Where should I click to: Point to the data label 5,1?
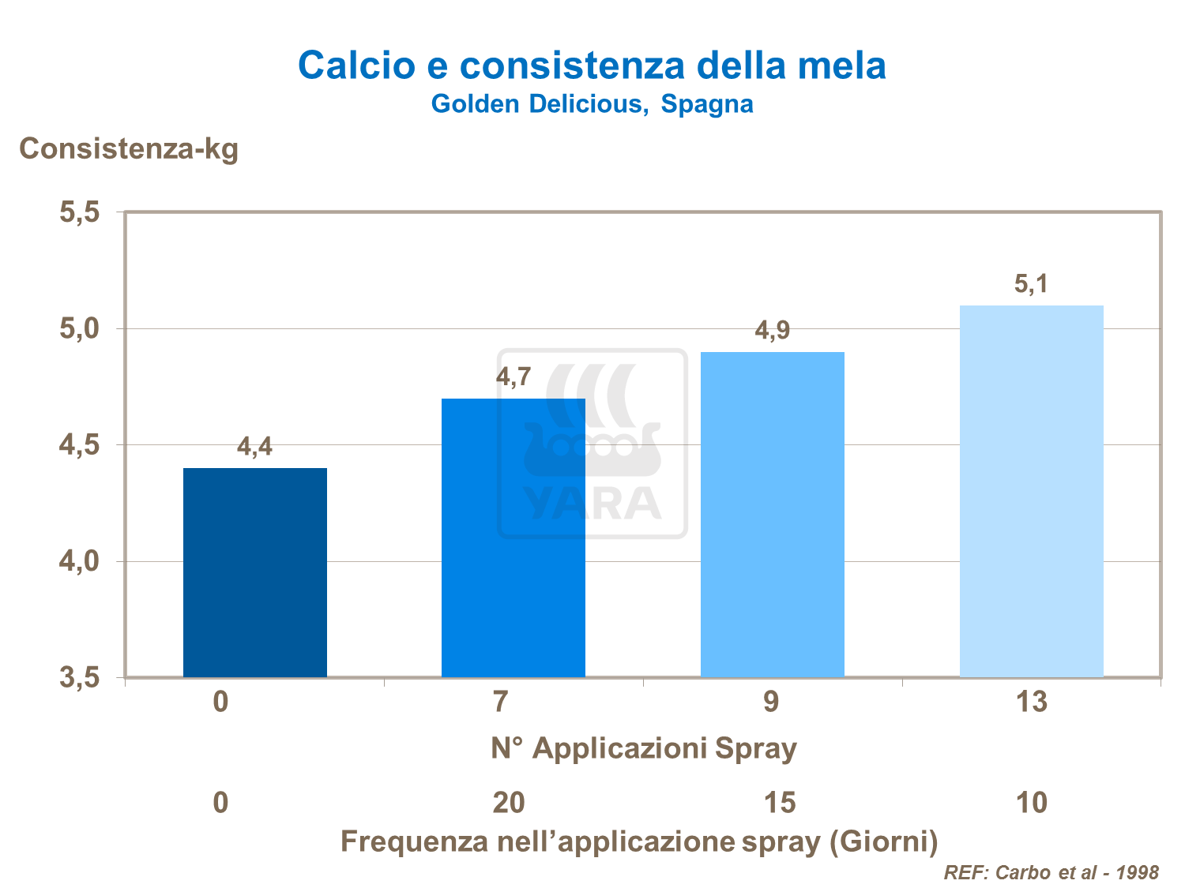click(x=1031, y=284)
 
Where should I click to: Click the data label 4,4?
click(x=254, y=448)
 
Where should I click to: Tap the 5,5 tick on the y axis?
click(x=79, y=212)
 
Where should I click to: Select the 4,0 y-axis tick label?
click(x=79, y=562)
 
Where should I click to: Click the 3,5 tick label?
click(x=79, y=677)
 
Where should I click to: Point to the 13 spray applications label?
click(x=1031, y=702)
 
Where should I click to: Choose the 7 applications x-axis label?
click(x=500, y=702)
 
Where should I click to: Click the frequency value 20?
click(x=508, y=803)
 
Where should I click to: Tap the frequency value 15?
click(x=779, y=803)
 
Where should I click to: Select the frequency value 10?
click(x=1031, y=803)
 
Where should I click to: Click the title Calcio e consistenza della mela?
click(x=592, y=65)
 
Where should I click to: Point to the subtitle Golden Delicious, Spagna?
click(x=592, y=104)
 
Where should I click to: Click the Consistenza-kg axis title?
click(x=129, y=148)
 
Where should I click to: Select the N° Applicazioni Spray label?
click(x=643, y=747)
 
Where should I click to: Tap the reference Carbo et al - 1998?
click(x=1051, y=872)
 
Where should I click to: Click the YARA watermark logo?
click(x=592, y=444)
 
